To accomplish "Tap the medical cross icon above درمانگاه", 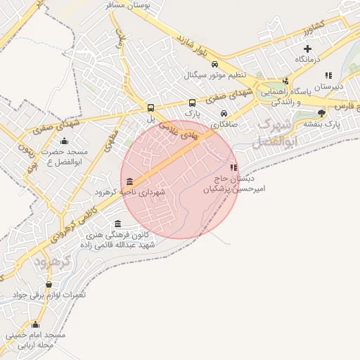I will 307,48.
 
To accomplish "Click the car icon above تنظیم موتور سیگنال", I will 205,63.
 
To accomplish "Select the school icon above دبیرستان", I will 328,75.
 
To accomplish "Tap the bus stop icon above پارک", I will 193,102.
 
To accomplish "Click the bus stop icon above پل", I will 150,108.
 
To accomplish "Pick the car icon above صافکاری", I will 224,113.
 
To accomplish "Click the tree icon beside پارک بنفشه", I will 322,112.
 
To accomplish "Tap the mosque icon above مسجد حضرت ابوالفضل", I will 65,141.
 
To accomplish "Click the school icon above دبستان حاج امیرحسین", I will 233,167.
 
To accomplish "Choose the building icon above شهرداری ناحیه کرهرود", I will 130,181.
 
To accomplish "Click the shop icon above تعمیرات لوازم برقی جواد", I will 49,284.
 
